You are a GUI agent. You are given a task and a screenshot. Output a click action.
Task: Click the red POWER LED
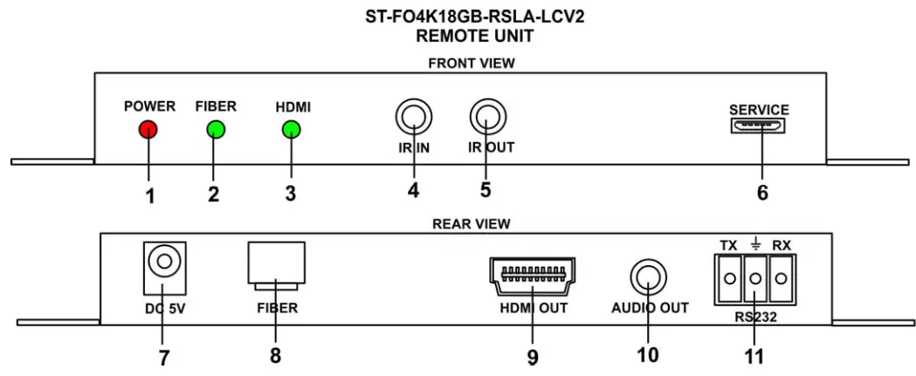point(148,131)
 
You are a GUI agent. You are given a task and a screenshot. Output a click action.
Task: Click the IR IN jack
point(413,116)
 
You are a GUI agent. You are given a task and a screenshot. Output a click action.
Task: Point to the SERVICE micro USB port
point(760,127)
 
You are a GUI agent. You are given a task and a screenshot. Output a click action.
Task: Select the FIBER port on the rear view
point(277,264)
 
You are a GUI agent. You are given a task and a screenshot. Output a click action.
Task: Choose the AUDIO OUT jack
point(649,278)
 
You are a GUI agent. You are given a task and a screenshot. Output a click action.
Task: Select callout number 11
point(754,356)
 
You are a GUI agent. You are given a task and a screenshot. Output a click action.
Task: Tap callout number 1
point(150,195)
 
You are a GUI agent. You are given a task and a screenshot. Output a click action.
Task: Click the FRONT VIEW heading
point(471,63)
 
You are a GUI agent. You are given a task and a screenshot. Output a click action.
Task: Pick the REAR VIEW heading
point(471,223)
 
